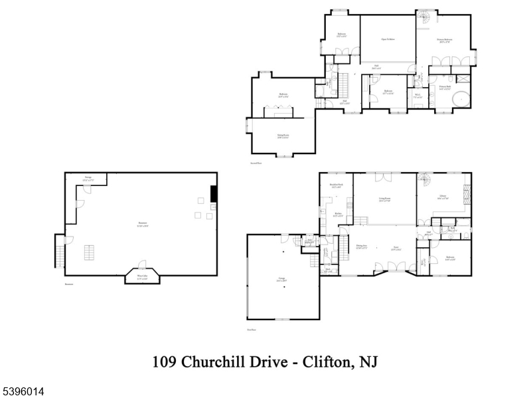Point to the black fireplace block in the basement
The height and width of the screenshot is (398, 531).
pos(213,193)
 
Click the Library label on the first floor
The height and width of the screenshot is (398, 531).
pos(442,197)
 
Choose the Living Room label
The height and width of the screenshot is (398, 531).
pos(384,199)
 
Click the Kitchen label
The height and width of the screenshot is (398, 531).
pos(338,214)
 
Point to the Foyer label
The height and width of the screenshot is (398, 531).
pos(394,247)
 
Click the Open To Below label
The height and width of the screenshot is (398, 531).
pos(388,39)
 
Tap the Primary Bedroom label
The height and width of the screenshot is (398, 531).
pos(445,41)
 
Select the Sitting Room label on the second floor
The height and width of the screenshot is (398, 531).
pos(283,136)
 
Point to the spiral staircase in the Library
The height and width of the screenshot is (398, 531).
pos(424,179)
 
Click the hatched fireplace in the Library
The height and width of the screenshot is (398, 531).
pos(466,196)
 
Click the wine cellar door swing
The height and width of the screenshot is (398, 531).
pos(141,264)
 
